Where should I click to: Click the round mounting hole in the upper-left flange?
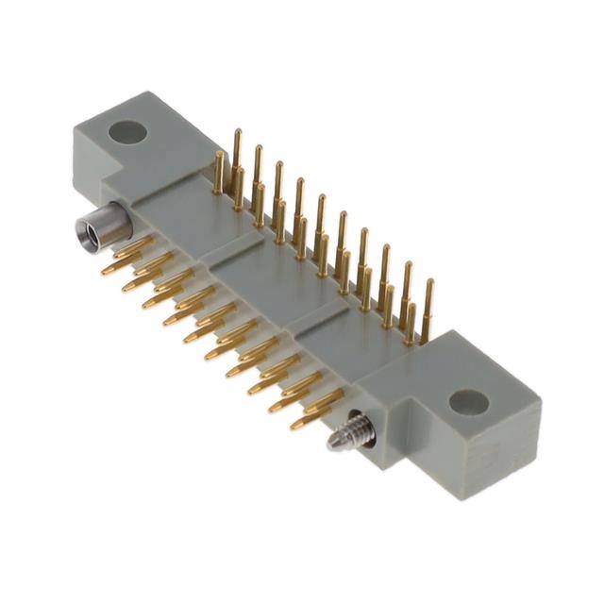pos(127,131)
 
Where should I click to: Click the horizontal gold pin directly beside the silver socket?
pos(132,248)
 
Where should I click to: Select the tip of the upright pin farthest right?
pos(428,282)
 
